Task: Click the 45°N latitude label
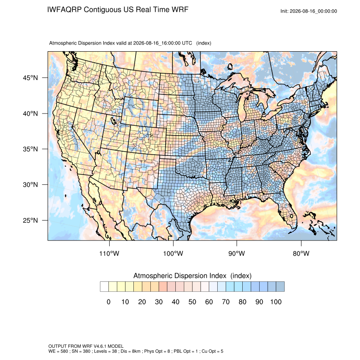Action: pos(30,78)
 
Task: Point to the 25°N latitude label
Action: pos(30,220)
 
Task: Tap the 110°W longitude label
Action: pos(109,253)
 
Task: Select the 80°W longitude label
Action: pos(301,253)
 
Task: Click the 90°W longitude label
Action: pos(236,253)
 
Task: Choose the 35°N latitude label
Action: pos(30,149)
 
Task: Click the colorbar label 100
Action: pos(276,302)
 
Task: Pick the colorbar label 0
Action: pos(108,302)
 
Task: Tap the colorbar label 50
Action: pos(192,302)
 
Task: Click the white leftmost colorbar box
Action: pos(104,287)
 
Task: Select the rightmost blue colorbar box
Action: pos(280,287)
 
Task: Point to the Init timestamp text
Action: pos(309,11)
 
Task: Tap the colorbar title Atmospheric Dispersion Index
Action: pos(180,276)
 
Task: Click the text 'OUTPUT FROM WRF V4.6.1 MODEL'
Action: pos(86,346)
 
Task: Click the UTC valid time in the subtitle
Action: pos(163,43)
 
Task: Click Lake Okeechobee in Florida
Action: pos(291,216)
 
